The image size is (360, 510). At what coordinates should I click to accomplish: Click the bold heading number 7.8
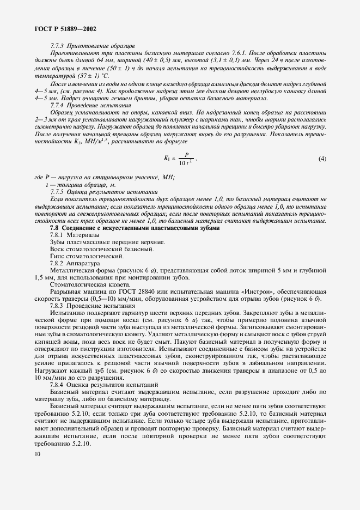pos(55,228)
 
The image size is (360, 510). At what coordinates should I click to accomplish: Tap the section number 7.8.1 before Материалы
pos(58,235)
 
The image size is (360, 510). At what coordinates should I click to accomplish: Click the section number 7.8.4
pos(58,384)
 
